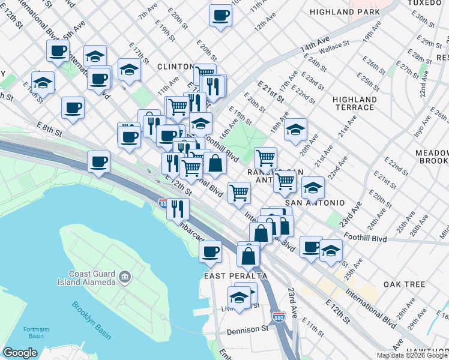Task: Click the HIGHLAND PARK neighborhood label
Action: click(345, 12)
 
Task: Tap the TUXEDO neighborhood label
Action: click(425, 3)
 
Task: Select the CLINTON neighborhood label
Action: click(175, 67)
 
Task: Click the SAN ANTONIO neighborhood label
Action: click(315, 203)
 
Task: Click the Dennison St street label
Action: click(247, 329)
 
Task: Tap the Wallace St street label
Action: click(334, 45)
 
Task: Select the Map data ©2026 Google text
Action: click(412, 355)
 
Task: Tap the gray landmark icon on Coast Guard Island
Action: click(124, 277)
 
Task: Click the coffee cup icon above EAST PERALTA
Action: click(210, 252)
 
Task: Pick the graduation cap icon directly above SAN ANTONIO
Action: click(312, 188)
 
